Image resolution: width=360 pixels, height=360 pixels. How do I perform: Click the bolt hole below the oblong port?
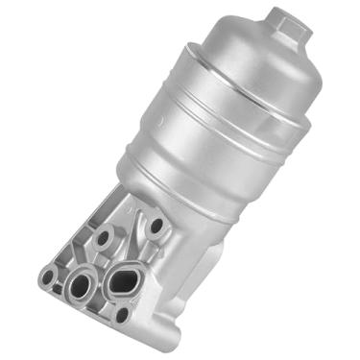pyautogui.click(x=122, y=315)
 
